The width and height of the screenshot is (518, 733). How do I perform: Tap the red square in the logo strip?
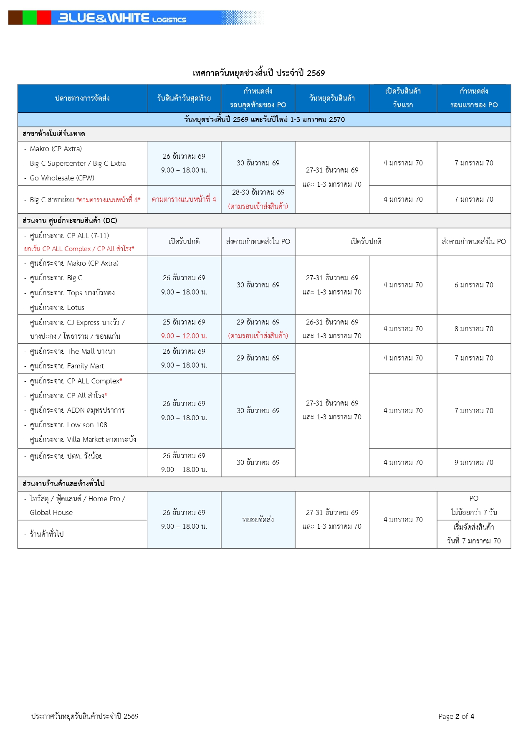tap(44, 18)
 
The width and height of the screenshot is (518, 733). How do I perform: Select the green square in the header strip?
tap(30, 18)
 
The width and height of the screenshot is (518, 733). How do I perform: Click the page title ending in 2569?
tap(259, 73)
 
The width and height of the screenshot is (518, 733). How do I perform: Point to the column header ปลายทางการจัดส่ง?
tap(82, 98)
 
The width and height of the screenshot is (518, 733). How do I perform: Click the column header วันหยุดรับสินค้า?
tap(332, 98)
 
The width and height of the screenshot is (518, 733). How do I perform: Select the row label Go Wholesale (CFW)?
tap(62, 178)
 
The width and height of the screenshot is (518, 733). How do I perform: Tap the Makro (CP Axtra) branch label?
tap(56, 149)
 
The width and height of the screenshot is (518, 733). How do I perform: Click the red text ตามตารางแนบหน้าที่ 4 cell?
tap(184, 199)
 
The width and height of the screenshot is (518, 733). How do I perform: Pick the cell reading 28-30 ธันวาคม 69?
tap(258, 192)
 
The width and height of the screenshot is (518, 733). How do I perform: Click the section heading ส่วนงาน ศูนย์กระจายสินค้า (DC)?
tap(70, 221)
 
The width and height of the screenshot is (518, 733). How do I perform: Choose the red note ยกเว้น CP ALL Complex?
tap(79, 249)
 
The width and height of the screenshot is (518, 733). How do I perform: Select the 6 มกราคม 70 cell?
tap(474, 285)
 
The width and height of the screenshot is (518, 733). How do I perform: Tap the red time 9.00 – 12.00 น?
tap(184, 336)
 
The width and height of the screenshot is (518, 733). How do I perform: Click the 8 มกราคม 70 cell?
tap(474, 329)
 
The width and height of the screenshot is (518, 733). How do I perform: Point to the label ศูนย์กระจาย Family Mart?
tap(67, 366)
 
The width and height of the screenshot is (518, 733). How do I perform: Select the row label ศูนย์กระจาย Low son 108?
tap(68, 425)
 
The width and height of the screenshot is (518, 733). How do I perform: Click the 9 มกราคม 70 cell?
tap(474, 462)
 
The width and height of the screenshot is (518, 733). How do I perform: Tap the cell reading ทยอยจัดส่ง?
tap(258, 520)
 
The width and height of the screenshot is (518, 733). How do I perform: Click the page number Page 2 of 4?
tap(456, 716)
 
